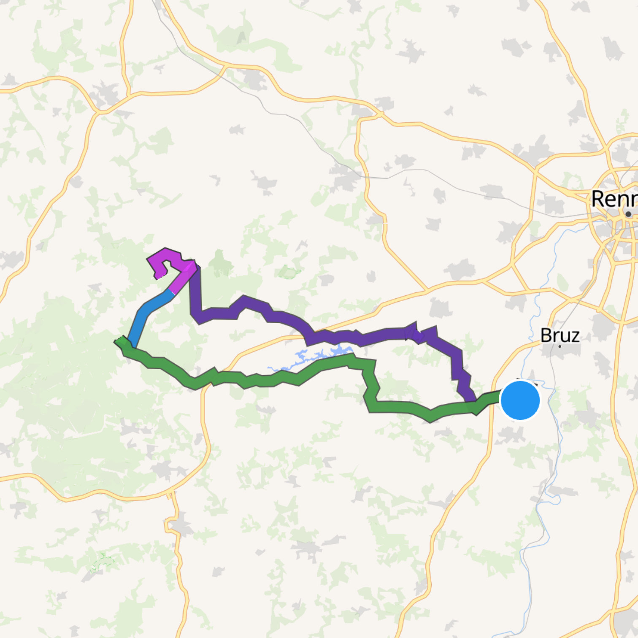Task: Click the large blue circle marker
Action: coord(520,400)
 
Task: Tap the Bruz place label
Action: coord(560,335)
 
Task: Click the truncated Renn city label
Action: coord(614,198)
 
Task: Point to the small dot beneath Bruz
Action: coord(560,346)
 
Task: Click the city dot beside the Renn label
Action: coord(628,214)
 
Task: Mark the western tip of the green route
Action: coord(117,341)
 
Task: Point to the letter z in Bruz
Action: coord(575,336)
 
